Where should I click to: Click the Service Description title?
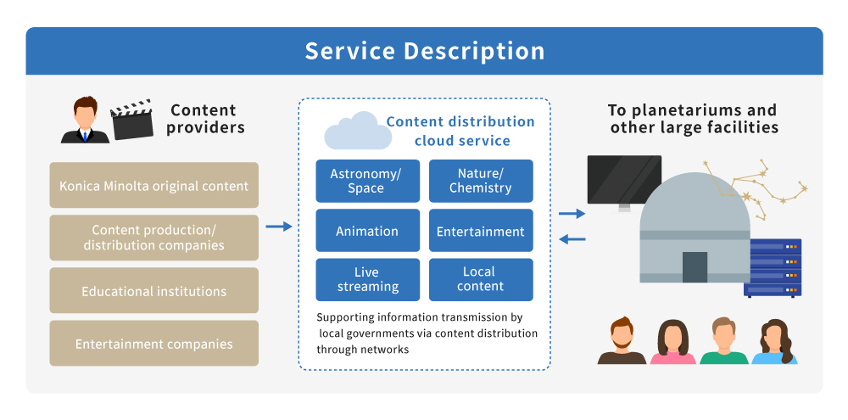[425, 51]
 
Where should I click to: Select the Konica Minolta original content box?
[154, 185]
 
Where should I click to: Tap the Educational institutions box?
[154, 291]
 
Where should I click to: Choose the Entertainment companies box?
[154, 343]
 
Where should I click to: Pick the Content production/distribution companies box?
[154, 238]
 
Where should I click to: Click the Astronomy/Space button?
[368, 181]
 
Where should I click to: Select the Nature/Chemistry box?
[481, 181]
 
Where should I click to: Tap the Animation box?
[368, 231]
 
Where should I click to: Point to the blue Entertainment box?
[481, 231]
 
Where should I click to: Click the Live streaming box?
[368, 279]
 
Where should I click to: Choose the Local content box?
[481, 279]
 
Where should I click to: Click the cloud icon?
[358, 131]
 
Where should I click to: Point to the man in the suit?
[85, 120]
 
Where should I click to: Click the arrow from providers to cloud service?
[278, 227]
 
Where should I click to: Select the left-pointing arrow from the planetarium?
[572, 238]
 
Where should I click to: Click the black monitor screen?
[624, 180]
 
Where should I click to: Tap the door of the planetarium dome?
[695, 266]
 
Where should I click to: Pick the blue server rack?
[773, 267]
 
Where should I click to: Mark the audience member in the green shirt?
[723, 341]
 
